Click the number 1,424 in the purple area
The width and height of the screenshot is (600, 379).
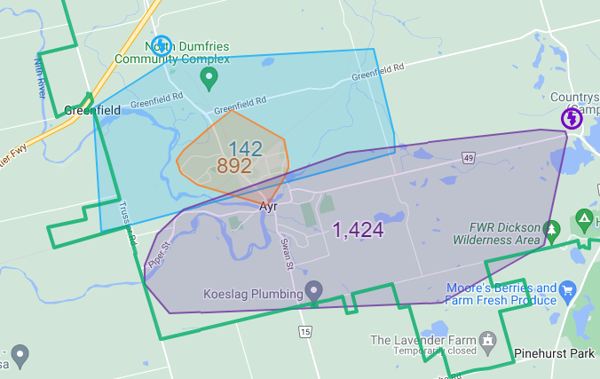point(358,231)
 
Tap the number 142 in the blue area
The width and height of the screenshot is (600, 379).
point(245,149)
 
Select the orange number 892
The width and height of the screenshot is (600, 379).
point(234,166)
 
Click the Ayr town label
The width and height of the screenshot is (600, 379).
point(269,206)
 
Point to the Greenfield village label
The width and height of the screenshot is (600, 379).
point(92,111)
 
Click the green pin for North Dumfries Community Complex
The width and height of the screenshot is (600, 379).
point(209,78)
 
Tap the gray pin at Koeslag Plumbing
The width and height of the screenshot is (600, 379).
point(312,290)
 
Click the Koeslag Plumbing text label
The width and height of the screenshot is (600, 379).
point(253,291)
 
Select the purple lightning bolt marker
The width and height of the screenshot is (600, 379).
point(572,118)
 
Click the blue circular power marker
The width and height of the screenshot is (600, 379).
point(161,45)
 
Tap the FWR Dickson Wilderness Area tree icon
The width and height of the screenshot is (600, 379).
point(551,230)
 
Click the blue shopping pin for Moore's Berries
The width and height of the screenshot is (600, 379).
point(569,288)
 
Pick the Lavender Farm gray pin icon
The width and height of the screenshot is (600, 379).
point(486,340)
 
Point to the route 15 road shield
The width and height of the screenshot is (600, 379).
point(305,331)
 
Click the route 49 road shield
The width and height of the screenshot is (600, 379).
point(468,158)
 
